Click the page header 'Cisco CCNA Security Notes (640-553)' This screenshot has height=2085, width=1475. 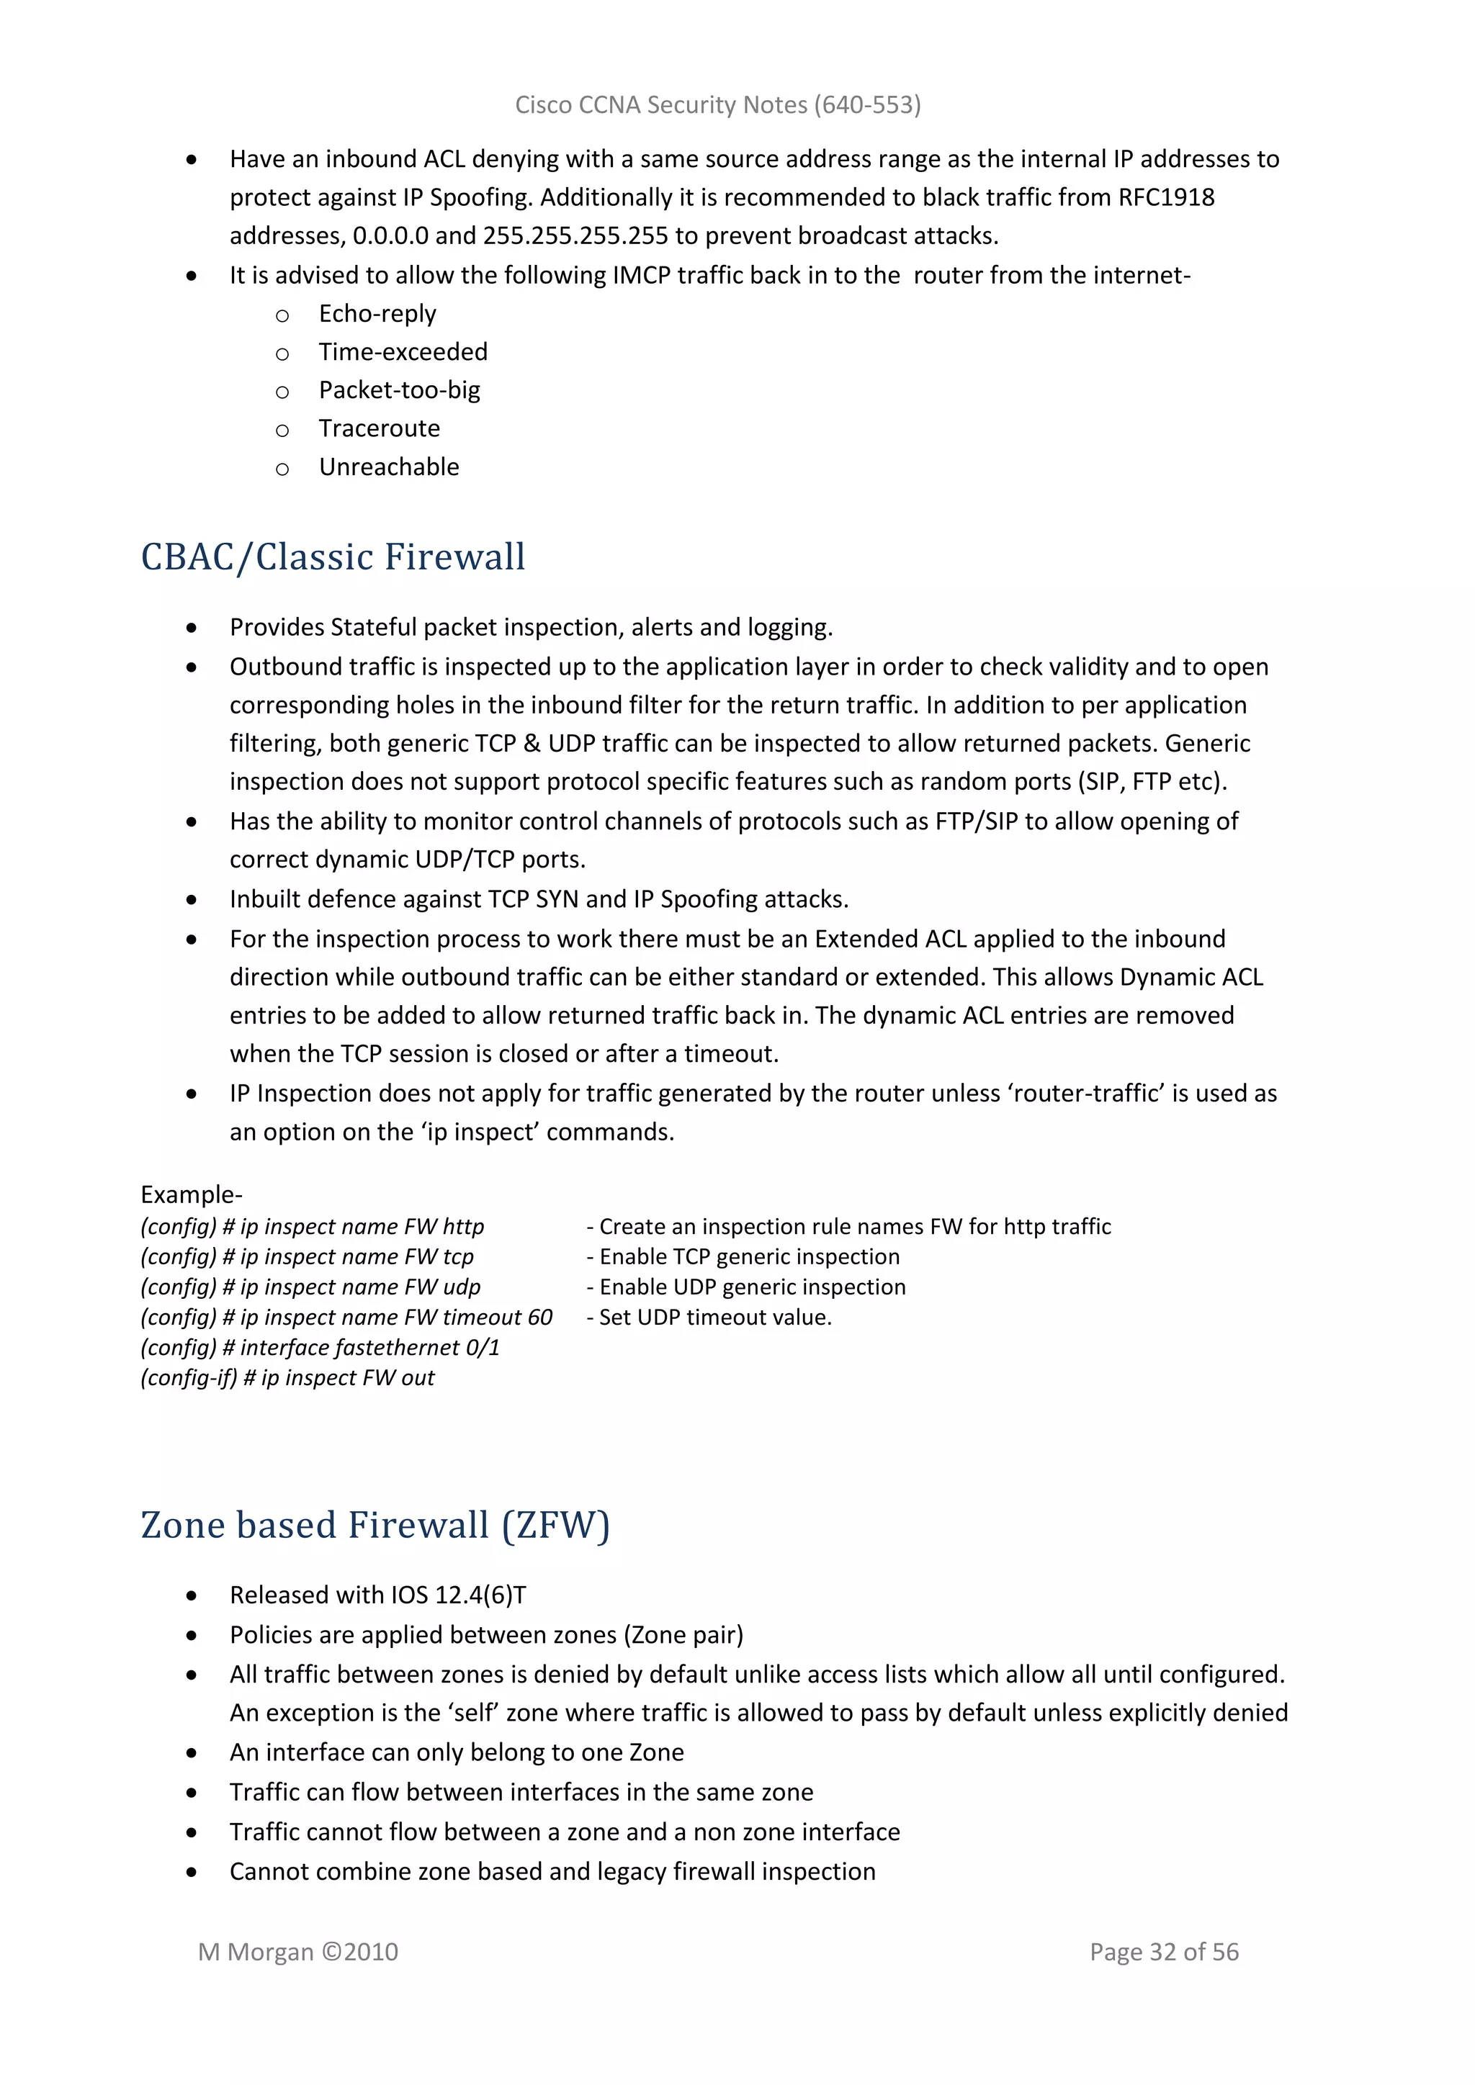717,105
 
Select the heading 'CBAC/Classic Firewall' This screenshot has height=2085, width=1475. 333,557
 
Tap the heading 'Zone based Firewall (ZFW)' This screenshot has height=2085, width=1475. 375,1525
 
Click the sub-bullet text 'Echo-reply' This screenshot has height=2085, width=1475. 377,313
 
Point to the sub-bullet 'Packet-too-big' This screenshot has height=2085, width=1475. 399,389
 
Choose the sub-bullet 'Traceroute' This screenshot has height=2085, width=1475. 379,428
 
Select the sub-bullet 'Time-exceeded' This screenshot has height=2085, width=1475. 403,351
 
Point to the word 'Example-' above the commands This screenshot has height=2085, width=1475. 191,1194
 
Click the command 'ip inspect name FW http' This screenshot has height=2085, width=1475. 362,1227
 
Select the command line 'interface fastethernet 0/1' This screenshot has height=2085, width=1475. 369,1348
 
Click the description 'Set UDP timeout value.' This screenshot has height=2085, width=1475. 714,1318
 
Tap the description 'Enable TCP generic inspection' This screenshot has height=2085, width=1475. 748,1257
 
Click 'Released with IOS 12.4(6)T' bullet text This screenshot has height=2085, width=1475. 377,1595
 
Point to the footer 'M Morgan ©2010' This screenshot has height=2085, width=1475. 298,1952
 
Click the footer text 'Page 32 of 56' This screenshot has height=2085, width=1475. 1163,1952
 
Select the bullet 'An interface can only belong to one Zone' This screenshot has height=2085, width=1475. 456,1752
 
